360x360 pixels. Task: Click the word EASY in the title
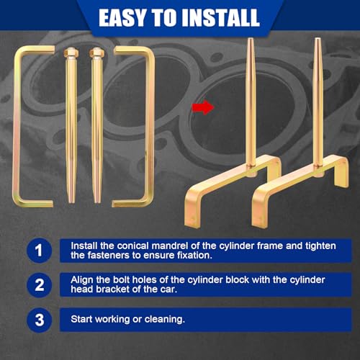point(122,17)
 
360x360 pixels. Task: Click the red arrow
point(203,107)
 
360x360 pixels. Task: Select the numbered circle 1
point(39,251)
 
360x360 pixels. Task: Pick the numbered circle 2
point(39,285)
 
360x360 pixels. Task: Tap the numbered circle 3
point(39,320)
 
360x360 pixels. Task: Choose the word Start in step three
point(81,319)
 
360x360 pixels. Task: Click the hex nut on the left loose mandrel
point(71,52)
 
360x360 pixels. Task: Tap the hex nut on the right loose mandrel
point(96,52)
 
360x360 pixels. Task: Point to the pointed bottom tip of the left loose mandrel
point(71,203)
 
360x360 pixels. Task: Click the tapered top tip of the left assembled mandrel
point(250,39)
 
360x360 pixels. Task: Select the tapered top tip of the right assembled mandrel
point(317,39)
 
